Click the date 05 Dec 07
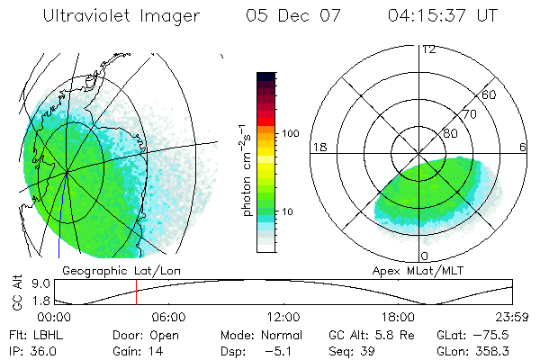pos(295,16)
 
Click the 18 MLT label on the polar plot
pos(318,147)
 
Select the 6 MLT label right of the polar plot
pos(523,147)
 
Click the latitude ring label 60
pos(490,94)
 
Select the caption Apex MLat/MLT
pos(421,270)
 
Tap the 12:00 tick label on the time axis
pos(283,317)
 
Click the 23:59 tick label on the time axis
pos(513,317)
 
